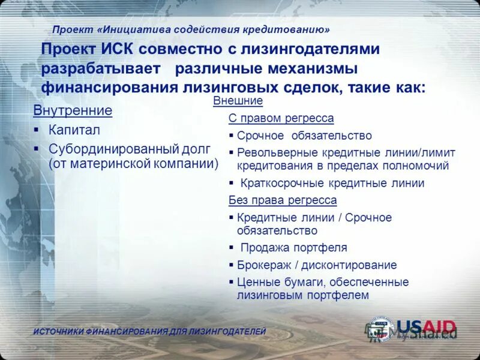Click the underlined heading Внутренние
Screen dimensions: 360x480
(73, 111)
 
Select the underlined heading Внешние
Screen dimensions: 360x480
(238, 101)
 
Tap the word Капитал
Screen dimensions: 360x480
(74, 130)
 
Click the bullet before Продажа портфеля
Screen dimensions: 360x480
(232, 247)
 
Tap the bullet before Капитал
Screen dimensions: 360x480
(36, 130)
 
